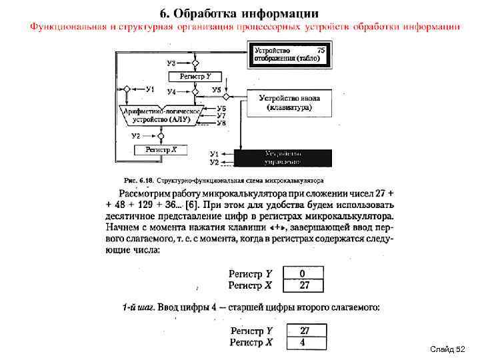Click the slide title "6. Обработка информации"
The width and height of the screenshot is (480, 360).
(239, 13)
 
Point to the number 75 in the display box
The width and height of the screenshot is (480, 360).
(321, 50)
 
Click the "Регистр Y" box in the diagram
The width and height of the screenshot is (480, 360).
(195, 77)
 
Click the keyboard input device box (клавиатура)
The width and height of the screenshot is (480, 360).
(289, 103)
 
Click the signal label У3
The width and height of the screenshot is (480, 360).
(171, 63)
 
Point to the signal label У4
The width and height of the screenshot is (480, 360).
(171, 91)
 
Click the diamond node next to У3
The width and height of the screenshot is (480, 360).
(195, 64)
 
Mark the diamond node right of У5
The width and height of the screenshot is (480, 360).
(229, 89)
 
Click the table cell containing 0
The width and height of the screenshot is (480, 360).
(303, 273)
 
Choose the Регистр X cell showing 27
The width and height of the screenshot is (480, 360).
(303, 285)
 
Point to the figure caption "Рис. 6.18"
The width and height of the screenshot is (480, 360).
(139, 180)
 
